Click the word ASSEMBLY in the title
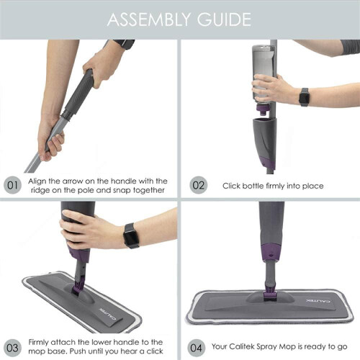[149, 19]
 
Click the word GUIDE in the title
[224, 19]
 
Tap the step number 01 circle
[12, 185]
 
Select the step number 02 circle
[198, 185]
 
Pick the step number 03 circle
[12, 348]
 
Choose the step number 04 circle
[196, 348]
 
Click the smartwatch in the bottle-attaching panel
[304, 97]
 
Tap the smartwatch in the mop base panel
[131, 235]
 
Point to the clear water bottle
[263, 74]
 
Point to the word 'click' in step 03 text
[155, 351]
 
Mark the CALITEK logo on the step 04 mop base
[318, 301]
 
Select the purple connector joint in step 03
[78, 286]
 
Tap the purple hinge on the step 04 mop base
[270, 294]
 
